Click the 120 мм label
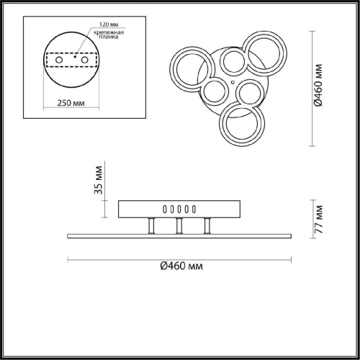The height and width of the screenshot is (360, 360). click(109, 24)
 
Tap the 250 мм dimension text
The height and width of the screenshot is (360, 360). click(71, 103)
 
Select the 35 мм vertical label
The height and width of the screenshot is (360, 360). click(99, 180)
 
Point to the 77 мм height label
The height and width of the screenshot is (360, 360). click(319, 220)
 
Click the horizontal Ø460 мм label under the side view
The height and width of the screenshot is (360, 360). click(181, 266)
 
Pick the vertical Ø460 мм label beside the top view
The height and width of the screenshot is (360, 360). click(318, 85)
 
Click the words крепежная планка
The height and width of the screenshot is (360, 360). click(109, 35)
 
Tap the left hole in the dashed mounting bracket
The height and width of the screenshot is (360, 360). click(59, 60)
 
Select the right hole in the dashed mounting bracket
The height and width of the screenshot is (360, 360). click(84, 60)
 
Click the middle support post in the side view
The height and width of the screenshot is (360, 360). click(179, 226)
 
